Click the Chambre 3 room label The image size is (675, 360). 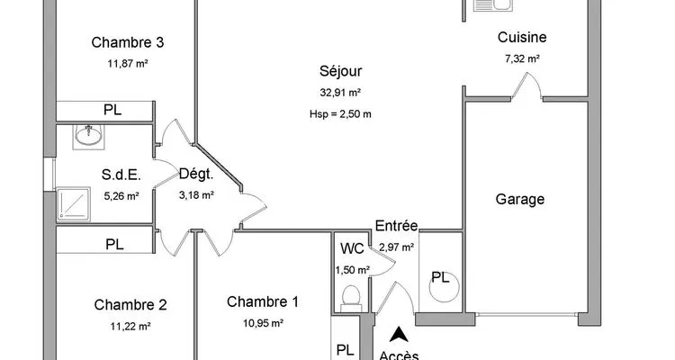point(128,42)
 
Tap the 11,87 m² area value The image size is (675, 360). point(128,64)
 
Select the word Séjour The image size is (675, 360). point(340,71)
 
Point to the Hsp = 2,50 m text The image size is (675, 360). point(340,114)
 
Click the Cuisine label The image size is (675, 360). point(522,37)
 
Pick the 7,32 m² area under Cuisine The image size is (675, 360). point(522,58)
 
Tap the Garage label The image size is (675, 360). point(519,199)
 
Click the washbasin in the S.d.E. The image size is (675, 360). point(88,137)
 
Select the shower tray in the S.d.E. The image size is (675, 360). point(73,203)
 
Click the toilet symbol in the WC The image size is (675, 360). point(351,299)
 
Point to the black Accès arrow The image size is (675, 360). point(399,335)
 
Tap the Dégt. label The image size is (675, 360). point(196,174)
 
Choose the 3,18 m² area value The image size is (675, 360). point(196,195)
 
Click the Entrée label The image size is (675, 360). point(397,226)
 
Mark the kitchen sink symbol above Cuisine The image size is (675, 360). point(493,5)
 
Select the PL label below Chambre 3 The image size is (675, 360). point(112,110)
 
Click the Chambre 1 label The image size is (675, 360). point(262,301)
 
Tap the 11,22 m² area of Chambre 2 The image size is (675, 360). point(130,327)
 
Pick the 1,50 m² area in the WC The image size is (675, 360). point(352,270)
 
